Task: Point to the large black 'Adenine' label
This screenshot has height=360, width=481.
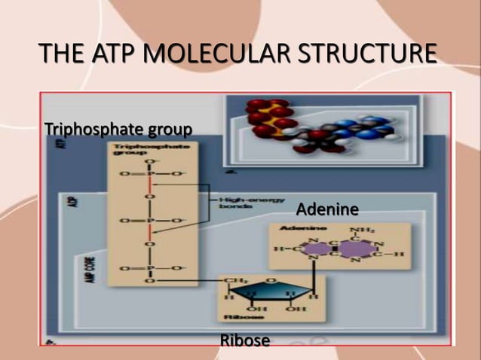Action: [326, 208]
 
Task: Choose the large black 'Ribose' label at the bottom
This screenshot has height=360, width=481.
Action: [244, 340]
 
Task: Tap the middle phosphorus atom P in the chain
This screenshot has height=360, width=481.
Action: [149, 222]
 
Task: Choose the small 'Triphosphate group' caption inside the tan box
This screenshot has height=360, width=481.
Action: [133, 149]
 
